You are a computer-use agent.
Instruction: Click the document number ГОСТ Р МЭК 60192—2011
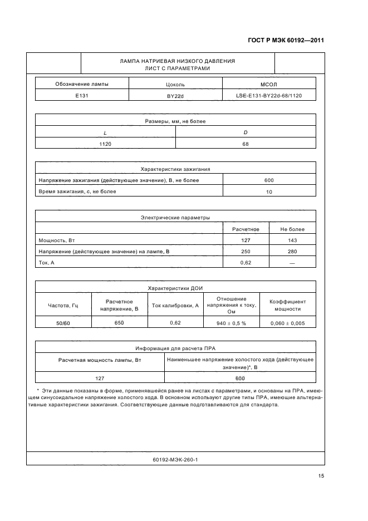coord(285,41)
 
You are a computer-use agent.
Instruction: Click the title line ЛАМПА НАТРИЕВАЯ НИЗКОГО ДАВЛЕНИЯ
coord(177,61)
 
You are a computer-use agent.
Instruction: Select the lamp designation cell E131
coord(82,96)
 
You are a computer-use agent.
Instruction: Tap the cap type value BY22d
coord(175,96)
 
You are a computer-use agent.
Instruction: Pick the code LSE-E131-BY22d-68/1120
coord(269,96)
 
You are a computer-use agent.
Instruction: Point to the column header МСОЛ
coord(269,85)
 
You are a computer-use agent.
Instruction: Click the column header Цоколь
coord(175,85)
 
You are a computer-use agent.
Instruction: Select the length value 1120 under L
coord(105,144)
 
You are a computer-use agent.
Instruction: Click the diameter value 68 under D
coord(246,144)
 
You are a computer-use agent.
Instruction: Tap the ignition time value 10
coord(269,192)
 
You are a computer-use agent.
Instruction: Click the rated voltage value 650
coord(119,322)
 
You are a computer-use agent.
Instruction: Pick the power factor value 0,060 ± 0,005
coord(287,323)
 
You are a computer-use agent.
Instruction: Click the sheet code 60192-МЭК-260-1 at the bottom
coord(175,460)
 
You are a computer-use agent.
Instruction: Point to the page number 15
coord(321,475)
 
